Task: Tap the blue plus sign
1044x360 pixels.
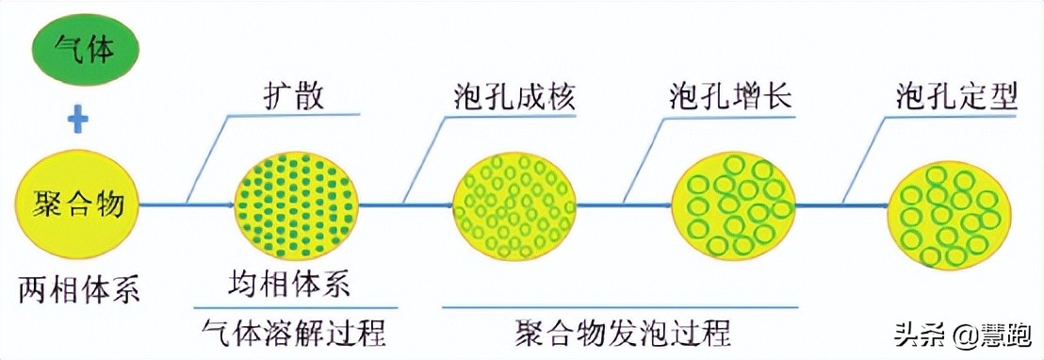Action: pyautogui.click(x=79, y=121)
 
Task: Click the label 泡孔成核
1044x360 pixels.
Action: pyautogui.click(x=513, y=97)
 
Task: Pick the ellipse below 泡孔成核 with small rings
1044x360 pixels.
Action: pyautogui.click(x=514, y=205)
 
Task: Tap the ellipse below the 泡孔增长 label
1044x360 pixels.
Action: pyautogui.click(x=733, y=205)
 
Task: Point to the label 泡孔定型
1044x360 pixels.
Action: pyautogui.click(x=956, y=97)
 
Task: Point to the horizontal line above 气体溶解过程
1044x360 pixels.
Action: pyautogui.click(x=289, y=307)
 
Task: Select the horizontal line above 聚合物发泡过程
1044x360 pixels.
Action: pyautogui.click(x=621, y=307)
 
